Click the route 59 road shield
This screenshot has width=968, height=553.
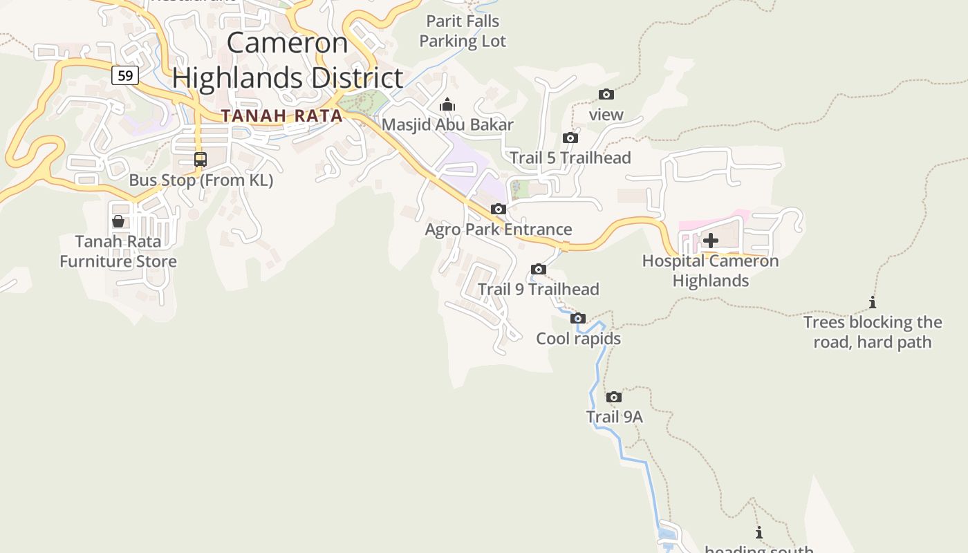(125, 75)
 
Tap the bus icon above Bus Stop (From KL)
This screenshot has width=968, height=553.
(201, 160)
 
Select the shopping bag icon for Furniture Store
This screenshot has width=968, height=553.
(118, 221)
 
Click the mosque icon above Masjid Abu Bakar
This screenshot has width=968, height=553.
(447, 104)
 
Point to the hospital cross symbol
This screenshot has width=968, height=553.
(711, 241)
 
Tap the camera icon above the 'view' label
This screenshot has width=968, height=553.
(606, 94)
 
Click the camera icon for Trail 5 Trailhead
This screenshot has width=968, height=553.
(570, 138)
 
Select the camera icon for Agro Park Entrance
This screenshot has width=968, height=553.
(499, 209)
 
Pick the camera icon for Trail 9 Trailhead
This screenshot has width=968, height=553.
(539, 269)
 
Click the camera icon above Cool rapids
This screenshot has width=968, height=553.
(578, 318)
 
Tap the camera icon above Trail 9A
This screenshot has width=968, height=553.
(614, 397)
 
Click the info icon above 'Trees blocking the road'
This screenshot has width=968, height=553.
(873, 302)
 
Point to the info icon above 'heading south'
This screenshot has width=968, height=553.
(759, 532)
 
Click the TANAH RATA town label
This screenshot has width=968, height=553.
(282, 115)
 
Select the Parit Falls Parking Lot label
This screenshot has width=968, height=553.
(463, 31)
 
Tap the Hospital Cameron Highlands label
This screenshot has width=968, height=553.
(711, 270)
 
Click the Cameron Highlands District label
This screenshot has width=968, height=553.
(288, 60)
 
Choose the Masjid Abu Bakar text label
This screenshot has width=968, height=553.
(448, 124)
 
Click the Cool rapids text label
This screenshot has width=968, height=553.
(579, 339)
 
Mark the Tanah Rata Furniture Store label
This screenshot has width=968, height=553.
(118, 251)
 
